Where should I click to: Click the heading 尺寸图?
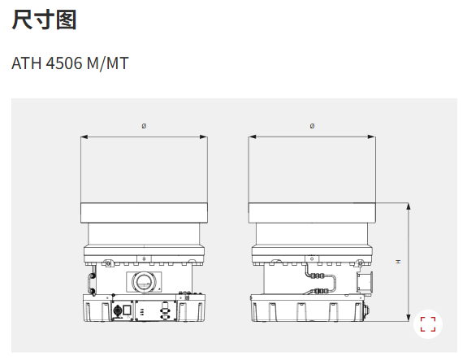pos(45,20)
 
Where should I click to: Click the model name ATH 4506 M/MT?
pos(70,63)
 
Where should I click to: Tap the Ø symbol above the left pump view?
pos(144,126)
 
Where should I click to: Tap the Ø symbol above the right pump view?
pos(312,126)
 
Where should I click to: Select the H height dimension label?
pos(398,262)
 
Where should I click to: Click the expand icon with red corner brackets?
pos(428,324)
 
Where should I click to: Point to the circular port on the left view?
pos(144,282)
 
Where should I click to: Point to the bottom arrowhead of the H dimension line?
pos(408,319)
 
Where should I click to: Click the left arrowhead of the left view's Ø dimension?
pos(83,136)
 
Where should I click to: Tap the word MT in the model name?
pos(119,63)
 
